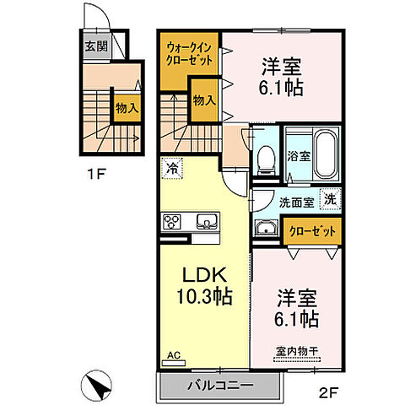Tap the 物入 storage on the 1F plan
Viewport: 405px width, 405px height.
pos(127,107)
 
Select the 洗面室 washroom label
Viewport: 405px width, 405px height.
pos(296,202)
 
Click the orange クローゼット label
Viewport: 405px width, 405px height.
pos(313,230)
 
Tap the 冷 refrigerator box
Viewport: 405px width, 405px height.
pos(171,168)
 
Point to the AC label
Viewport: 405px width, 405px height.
pos(174,355)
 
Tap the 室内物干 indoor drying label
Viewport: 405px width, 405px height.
pos(295,351)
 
